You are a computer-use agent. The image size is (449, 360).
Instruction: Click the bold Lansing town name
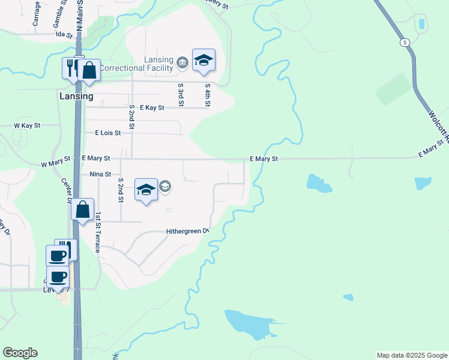(x=76, y=96)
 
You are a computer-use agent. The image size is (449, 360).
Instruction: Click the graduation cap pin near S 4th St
(x=203, y=60)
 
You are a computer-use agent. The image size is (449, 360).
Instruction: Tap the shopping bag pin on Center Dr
(x=83, y=210)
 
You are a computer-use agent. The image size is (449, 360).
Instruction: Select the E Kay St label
(x=152, y=107)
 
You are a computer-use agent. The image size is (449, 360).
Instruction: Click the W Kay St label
(x=26, y=126)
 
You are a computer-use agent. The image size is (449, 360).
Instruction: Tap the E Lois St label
(x=108, y=133)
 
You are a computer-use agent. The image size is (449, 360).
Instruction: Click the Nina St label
(x=100, y=174)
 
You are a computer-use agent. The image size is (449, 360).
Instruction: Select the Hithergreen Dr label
(x=187, y=232)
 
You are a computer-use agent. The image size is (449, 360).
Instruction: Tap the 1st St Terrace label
(x=97, y=232)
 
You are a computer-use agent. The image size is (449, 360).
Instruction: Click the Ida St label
(x=64, y=35)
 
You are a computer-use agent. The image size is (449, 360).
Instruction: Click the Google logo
(x=20, y=353)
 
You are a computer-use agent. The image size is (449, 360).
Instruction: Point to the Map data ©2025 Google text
(x=412, y=355)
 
